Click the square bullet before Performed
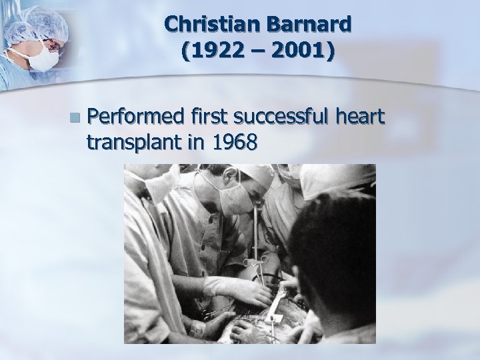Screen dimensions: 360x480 [81, 119]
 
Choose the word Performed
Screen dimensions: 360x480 [137, 118]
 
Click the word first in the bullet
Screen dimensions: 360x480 [209, 118]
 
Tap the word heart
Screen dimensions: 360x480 [361, 118]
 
